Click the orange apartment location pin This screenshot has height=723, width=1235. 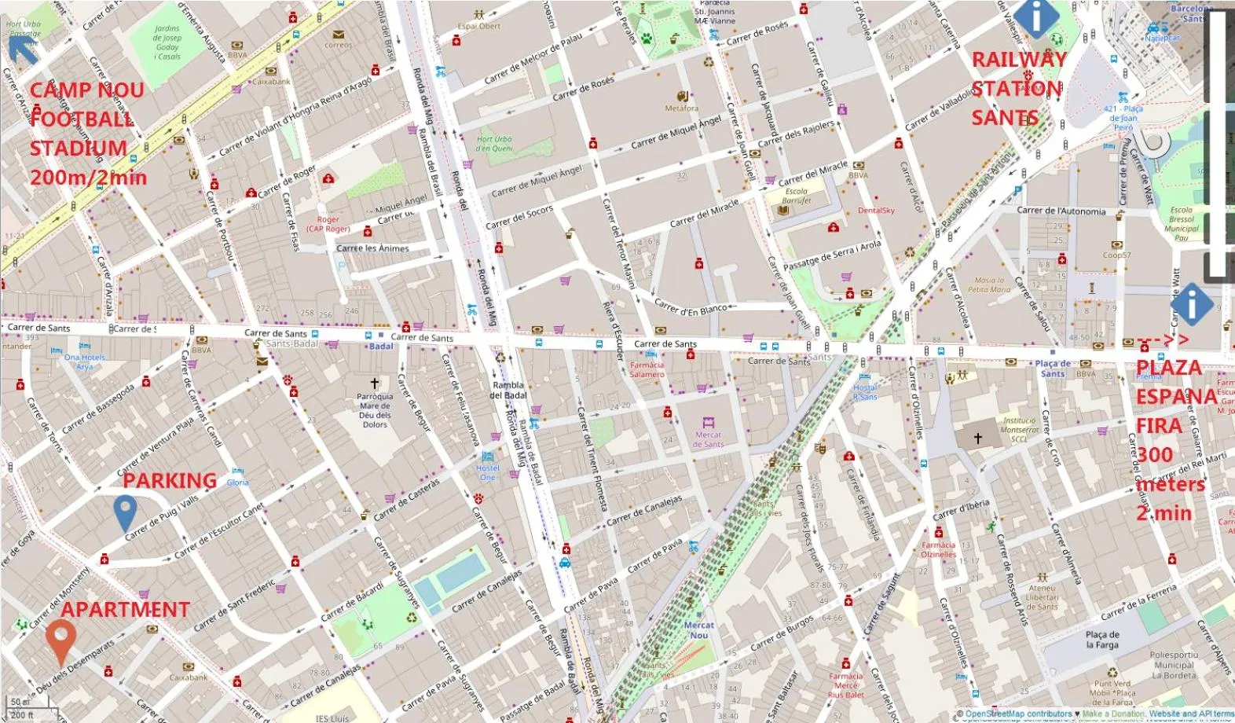[60, 640]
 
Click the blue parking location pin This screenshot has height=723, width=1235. [125, 512]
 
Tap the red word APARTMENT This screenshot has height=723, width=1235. [126, 610]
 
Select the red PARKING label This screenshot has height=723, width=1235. [170, 481]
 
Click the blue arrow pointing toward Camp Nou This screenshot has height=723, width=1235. [24, 49]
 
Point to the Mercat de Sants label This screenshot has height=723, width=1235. [708, 439]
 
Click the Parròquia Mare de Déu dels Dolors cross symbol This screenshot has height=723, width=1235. [375, 384]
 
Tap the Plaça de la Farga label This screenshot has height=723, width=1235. [1102, 640]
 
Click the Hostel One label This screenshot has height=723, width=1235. [487, 472]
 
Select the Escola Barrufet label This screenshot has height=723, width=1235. [796, 196]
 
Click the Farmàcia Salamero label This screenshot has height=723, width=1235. [647, 369]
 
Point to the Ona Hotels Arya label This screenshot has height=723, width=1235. [84, 361]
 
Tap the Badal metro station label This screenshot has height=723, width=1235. [381, 347]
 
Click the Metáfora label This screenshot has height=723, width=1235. [681, 108]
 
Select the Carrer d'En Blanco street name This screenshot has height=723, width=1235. [691, 308]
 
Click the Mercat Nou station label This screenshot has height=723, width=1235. [698, 630]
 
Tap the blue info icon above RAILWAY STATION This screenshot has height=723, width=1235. [1036, 17]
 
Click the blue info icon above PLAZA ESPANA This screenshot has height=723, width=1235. [1192, 303]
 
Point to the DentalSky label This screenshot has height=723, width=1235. [876, 211]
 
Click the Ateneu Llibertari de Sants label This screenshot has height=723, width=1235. [1042, 597]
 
